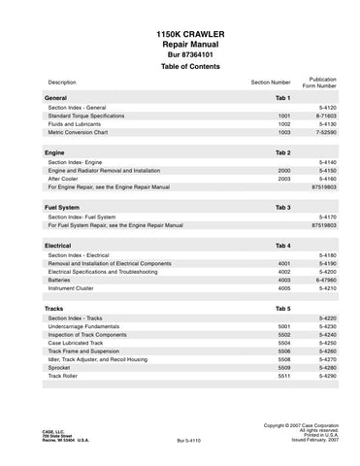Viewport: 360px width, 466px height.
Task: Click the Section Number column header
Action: coord(270,83)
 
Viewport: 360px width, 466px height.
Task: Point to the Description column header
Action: coord(61,83)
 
